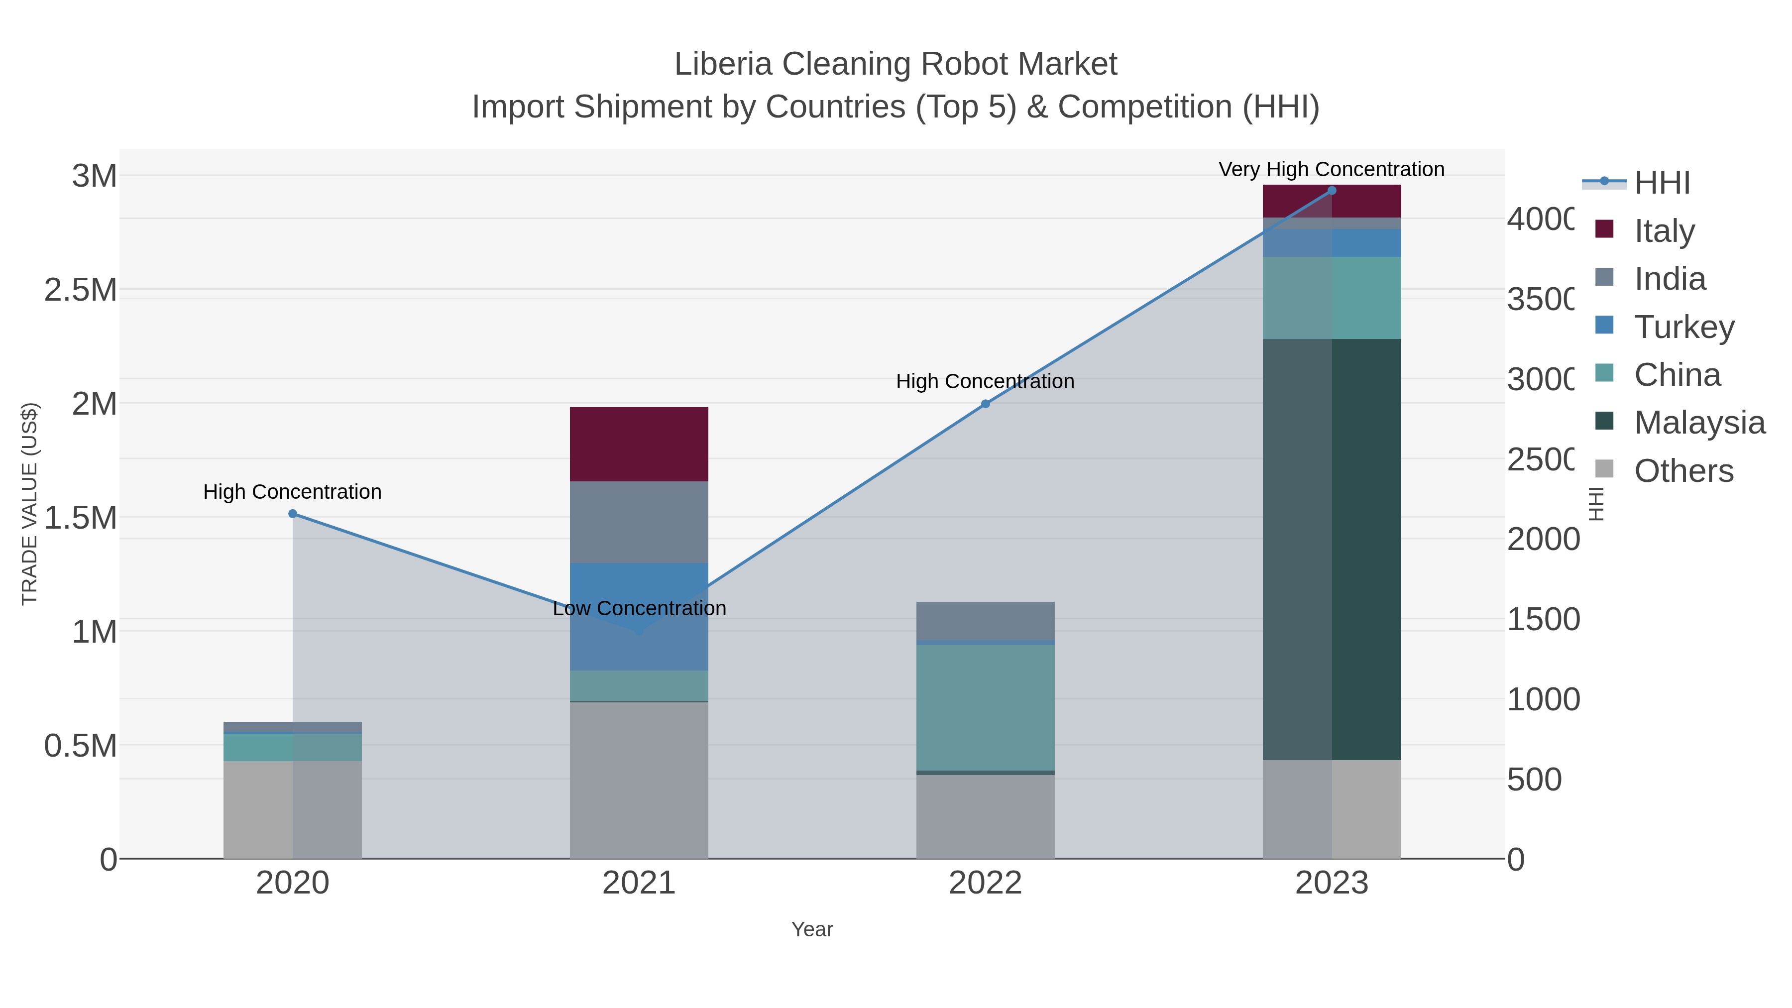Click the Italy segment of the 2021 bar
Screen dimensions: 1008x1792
pos(639,444)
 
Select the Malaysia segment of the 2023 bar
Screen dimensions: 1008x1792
pos(1332,550)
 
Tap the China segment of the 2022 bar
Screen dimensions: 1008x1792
pos(985,707)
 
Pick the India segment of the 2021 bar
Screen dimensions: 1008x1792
pos(639,522)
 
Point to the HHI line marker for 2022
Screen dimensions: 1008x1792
pos(985,404)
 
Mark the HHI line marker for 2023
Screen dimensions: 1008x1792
pos(1332,191)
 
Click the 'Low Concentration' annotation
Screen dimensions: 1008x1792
pos(639,608)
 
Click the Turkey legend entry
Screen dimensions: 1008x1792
pos(1683,327)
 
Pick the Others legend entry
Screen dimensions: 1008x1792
pos(1683,471)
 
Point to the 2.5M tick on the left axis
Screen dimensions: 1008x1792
pos(81,289)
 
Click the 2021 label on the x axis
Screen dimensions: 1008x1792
pos(639,883)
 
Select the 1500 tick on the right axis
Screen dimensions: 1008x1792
pos(1542,619)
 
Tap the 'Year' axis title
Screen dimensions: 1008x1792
pos(812,929)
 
